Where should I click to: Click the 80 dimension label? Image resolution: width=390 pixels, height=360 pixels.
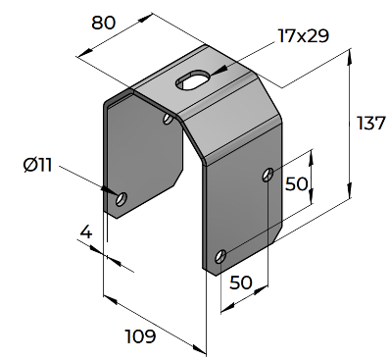[x=103, y=23]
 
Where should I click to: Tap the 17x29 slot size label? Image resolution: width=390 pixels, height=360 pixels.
[x=304, y=35]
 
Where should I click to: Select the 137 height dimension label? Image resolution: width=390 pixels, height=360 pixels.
[x=371, y=123]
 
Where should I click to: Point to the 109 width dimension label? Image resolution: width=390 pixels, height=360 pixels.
[x=140, y=336]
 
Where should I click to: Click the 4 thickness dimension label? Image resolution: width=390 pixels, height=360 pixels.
[x=86, y=232]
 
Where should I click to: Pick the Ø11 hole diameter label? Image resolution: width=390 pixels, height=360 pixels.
[x=38, y=165]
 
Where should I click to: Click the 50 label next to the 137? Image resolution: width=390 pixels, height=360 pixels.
[x=297, y=183]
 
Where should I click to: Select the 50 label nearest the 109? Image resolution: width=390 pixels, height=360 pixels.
[x=241, y=283]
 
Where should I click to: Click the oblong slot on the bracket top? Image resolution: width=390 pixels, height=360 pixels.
[x=193, y=78]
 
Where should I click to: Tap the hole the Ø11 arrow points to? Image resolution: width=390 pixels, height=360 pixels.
[x=122, y=199]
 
